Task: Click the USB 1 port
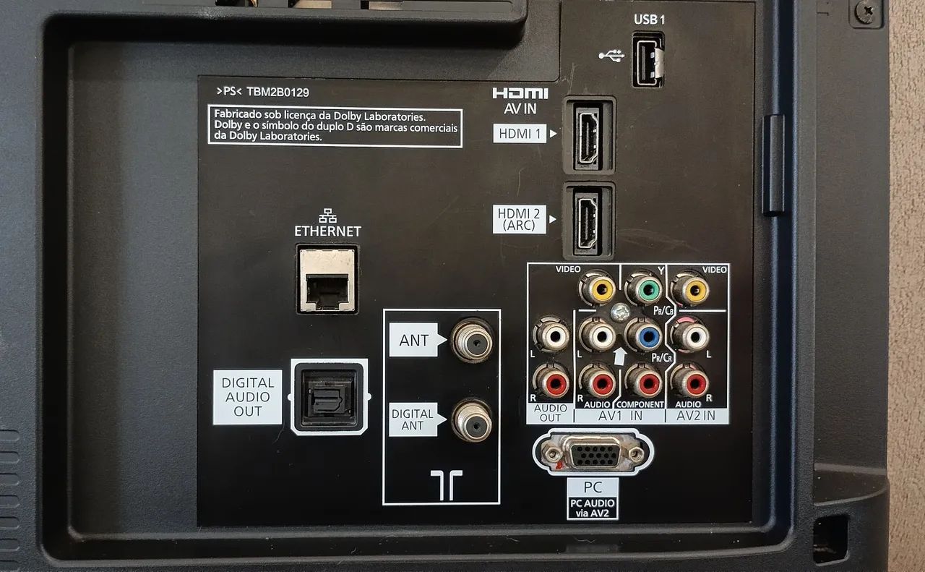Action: (648, 60)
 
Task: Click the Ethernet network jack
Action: (327, 280)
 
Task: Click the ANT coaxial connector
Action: (473, 341)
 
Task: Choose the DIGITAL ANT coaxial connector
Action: (472, 420)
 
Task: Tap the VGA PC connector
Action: (593, 453)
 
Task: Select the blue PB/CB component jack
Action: (647, 336)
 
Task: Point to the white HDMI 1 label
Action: (520, 134)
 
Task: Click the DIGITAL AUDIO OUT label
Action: (247, 397)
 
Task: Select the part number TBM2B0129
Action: (277, 92)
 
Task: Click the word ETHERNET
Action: (327, 231)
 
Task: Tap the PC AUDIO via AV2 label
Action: (592, 508)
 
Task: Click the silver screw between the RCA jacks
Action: (619, 312)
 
